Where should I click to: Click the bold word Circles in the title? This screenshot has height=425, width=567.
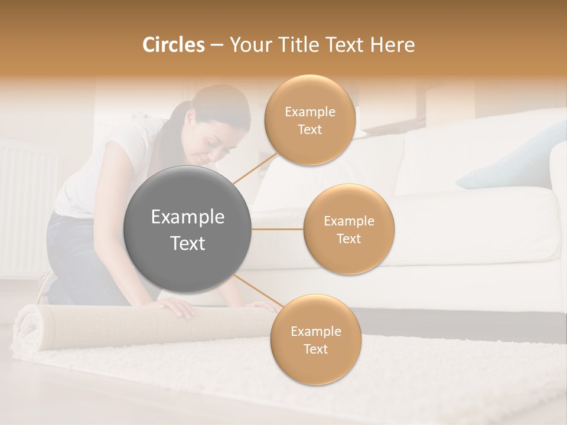click(173, 45)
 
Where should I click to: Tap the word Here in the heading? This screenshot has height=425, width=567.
click(392, 45)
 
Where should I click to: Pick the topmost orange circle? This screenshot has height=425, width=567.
click(309, 120)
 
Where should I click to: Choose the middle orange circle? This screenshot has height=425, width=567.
click(348, 229)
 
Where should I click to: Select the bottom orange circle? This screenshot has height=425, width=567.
click(315, 340)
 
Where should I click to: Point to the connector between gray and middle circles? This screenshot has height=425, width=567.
click(277, 229)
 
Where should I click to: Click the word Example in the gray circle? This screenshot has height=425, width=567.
click(187, 217)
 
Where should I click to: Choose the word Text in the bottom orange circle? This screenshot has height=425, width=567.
click(315, 349)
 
